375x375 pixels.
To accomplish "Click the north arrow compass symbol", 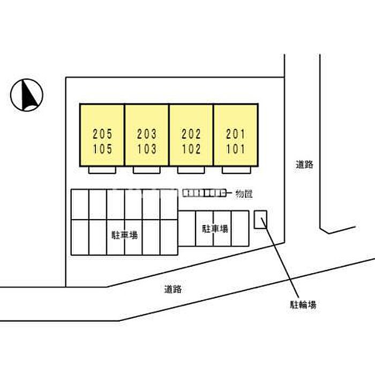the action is tap(27, 95).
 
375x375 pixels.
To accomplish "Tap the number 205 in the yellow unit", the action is tap(102, 133).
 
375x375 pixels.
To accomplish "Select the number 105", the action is tap(102, 149).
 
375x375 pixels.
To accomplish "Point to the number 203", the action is tap(147, 133).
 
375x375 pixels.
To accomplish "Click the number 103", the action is tap(147, 149).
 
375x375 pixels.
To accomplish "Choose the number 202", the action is tap(191, 133).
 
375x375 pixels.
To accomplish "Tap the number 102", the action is tap(191, 149).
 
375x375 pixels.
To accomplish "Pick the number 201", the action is tap(236, 133).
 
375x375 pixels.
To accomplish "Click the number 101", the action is tap(236, 149).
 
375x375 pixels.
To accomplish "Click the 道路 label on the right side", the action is tap(304, 165).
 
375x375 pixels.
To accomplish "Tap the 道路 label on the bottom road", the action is tap(173, 289).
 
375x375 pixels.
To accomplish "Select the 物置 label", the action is tap(244, 194).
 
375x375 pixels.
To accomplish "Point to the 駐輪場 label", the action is tap(303, 305).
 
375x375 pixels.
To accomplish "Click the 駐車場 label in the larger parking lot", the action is tap(124, 235).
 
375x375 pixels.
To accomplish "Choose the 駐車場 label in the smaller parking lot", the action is tap(214, 229).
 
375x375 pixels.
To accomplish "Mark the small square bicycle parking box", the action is tap(261, 220).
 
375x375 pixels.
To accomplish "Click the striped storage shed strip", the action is tap(204, 193).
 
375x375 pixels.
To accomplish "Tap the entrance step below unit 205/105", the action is tap(102, 170).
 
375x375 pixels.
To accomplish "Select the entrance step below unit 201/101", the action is tap(236, 170).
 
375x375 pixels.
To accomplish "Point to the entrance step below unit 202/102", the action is tap(191, 170).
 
